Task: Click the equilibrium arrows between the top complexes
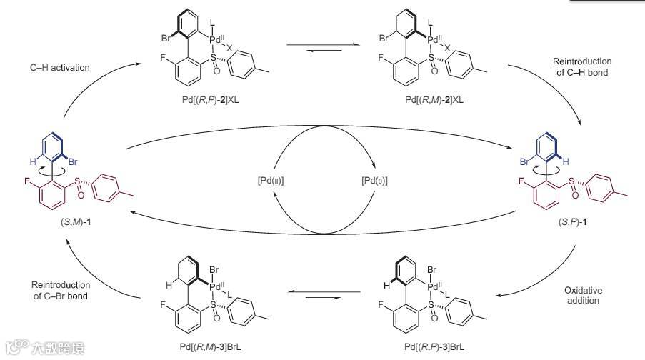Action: click(322, 49)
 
